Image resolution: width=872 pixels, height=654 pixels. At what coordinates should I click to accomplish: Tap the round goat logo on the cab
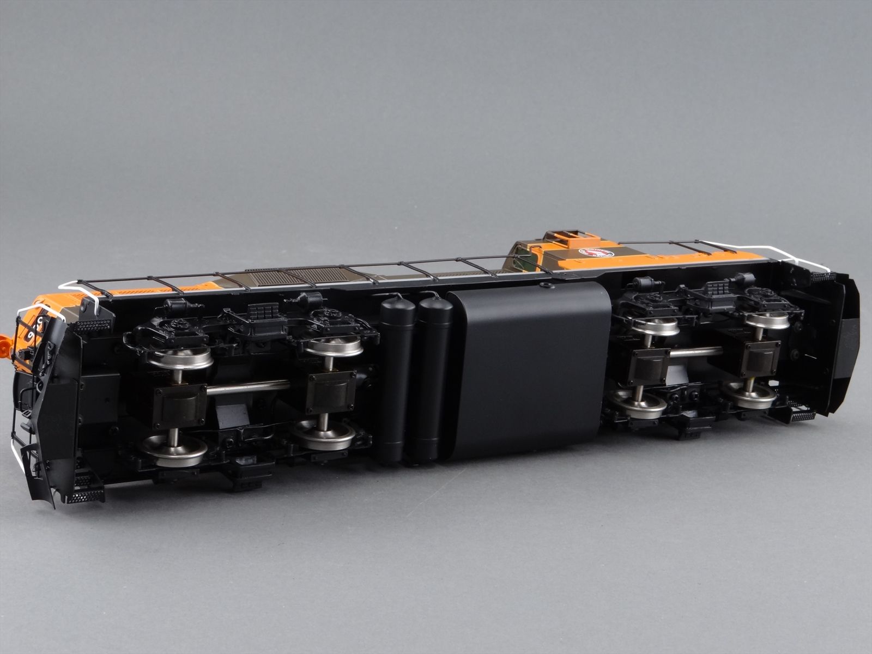(596, 253)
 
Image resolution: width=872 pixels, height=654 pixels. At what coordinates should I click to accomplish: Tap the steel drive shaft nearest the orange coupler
(248, 387)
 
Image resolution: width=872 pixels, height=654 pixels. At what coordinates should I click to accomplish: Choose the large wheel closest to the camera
(174, 450)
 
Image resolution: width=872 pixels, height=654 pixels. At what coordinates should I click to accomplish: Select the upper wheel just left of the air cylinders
(333, 346)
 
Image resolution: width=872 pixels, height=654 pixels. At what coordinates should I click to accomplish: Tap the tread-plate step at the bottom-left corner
(84, 496)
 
